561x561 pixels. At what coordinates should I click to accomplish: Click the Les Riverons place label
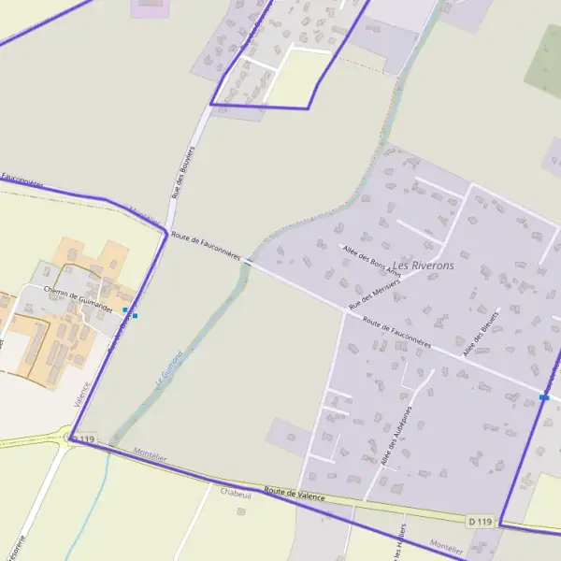point(424,266)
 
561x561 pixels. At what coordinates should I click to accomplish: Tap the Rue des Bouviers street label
point(181,171)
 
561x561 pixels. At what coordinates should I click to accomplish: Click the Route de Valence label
point(295,494)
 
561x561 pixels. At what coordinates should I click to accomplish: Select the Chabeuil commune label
point(237,491)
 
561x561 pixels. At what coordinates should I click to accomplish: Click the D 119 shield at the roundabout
point(83,439)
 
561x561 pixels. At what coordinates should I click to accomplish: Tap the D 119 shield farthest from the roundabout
point(480,521)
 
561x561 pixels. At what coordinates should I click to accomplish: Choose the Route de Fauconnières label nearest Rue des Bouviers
point(207,248)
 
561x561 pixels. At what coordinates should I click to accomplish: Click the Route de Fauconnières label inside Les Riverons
point(396,334)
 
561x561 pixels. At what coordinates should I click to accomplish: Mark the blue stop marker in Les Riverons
point(543,397)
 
